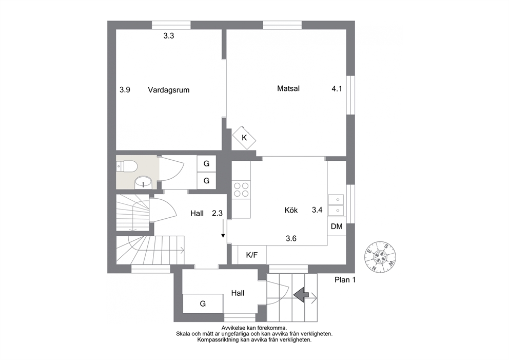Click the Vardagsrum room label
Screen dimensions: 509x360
pyautogui.click(x=168, y=90)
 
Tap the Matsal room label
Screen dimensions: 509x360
pyautogui.click(x=288, y=88)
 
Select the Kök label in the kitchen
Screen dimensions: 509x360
pyautogui.click(x=291, y=210)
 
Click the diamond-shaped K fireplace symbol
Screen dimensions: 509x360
pyautogui.click(x=244, y=138)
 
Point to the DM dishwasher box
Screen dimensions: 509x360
pyautogui.click(x=337, y=226)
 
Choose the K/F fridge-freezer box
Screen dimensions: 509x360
pyautogui.click(x=252, y=255)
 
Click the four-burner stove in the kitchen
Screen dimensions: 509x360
pyautogui.click(x=241, y=190)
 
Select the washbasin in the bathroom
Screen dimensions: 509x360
pyautogui.click(x=143, y=183)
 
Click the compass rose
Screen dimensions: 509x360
pyautogui.click(x=380, y=257)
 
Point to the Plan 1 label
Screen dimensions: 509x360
pyautogui.click(x=345, y=280)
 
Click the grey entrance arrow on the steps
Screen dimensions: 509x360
pyautogui.click(x=301, y=295)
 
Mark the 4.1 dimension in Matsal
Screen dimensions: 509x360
pyautogui.click(x=337, y=89)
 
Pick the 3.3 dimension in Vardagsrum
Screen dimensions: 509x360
pyautogui.click(x=168, y=36)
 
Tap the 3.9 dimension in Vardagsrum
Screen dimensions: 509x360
pyautogui.click(x=125, y=90)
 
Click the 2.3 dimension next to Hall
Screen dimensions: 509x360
pyautogui.click(x=217, y=213)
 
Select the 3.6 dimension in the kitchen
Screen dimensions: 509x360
pyautogui.click(x=291, y=238)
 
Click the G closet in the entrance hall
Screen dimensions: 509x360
pyautogui.click(x=203, y=304)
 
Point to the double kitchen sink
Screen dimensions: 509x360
pyautogui.click(x=336, y=205)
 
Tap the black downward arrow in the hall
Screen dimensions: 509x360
pyautogui.click(x=223, y=229)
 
